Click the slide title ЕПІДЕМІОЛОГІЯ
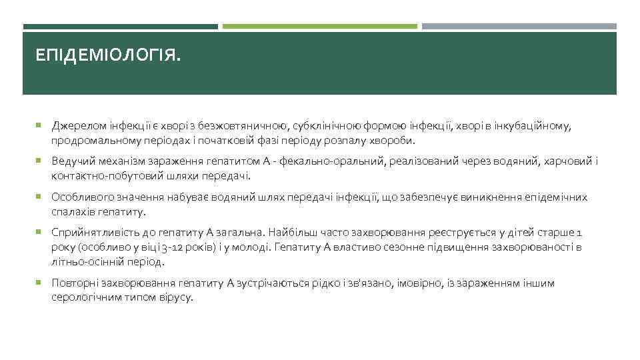tap(108, 57)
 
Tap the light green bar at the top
tap(319, 27)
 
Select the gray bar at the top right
tap(519, 27)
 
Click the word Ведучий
tap(71, 161)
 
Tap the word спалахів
tap(71, 213)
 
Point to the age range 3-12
tap(171, 248)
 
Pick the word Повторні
tap(73, 283)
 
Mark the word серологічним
tap(83, 299)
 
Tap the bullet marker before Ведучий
tap(39, 161)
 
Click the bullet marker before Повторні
tap(39, 283)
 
